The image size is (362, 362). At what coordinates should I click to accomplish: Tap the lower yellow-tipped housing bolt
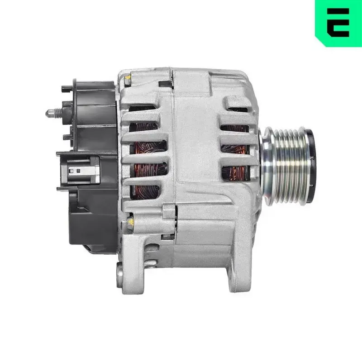pos(130,221)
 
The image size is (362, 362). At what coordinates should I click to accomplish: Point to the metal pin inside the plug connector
pos(77,171)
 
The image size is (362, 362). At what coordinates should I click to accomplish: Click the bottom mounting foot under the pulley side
pos(235,271)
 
